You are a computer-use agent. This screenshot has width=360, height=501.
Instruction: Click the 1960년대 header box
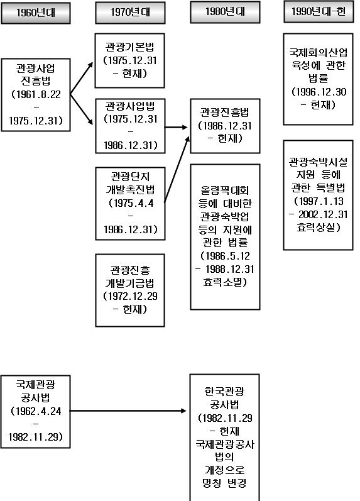click(x=36, y=13)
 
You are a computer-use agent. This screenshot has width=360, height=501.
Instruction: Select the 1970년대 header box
click(x=130, y=13)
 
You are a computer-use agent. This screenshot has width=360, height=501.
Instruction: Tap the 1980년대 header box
click(x=225, y=12)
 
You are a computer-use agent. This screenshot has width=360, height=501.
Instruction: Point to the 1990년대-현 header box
click(x=319, y=12)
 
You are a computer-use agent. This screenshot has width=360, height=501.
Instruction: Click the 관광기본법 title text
click(x=129, y=47)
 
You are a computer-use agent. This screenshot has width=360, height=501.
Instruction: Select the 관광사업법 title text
click(x=130, y=106)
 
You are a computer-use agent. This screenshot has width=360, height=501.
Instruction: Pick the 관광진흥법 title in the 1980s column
click(x=224, y=112)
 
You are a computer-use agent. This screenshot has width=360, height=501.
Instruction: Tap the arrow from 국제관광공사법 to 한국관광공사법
click(x=128, y=410)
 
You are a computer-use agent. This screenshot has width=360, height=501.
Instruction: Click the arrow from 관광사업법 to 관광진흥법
click(x=176, y=127)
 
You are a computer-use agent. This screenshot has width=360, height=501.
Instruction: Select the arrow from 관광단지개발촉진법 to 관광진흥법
click(x=177, y=169)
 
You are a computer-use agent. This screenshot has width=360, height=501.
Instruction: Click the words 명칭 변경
click(x=224, y=483)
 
